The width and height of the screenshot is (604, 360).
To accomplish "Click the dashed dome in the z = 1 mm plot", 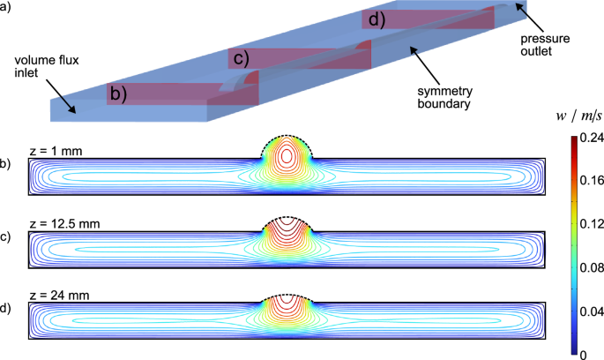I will pyautogui.click(x=287, y=136).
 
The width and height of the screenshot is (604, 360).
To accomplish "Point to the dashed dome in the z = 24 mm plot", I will pyautogui.click(x=287, y=295).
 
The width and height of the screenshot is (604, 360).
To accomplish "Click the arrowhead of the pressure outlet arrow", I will pyautogui.click(x=518, y=6).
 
